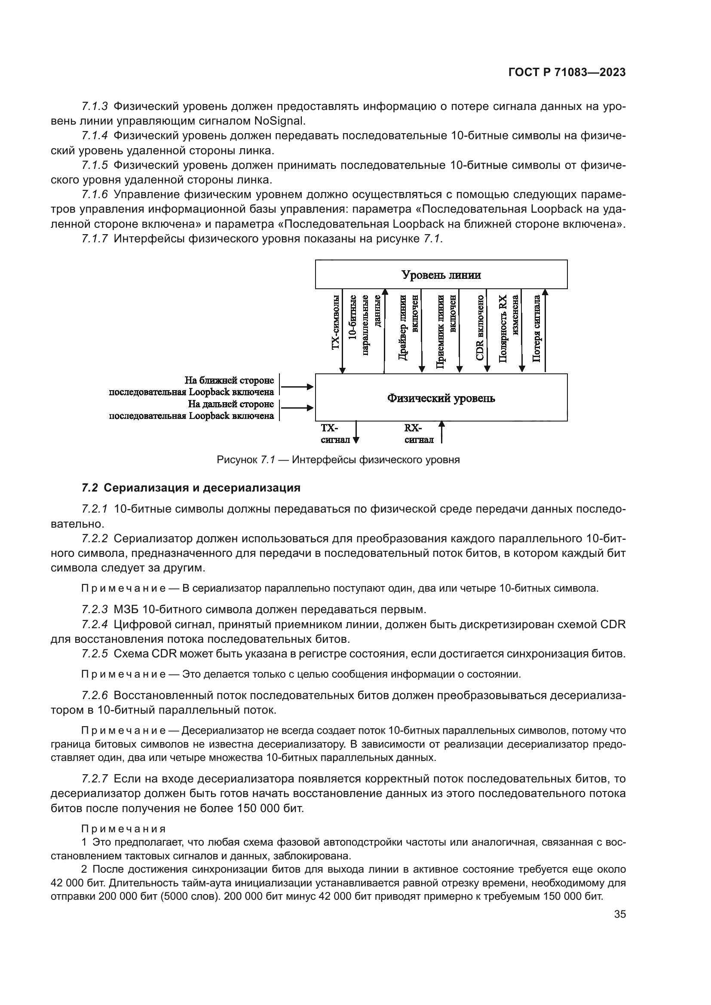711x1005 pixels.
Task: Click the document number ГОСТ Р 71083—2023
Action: point(567,73)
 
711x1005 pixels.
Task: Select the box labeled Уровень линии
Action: point(441,275)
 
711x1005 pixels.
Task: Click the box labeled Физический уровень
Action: point(441,398)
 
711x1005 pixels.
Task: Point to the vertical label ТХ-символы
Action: point(335,323)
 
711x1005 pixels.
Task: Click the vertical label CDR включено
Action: point(480,327)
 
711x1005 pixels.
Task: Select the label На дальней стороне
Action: point(230,404)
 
